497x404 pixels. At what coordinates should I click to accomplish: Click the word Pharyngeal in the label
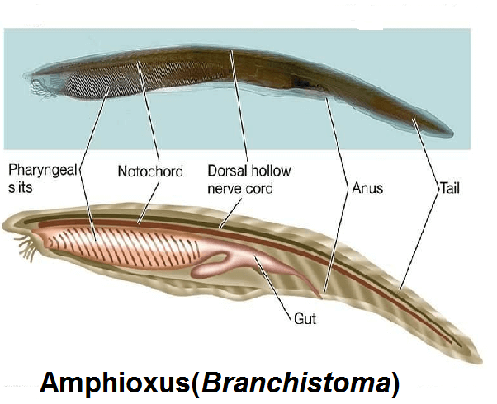tap(41, 171)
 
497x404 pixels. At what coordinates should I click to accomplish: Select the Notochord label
tap(149, 172)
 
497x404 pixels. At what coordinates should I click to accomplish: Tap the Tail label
tap(451, 188)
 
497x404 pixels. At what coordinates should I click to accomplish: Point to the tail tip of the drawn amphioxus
tap(476, 359)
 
